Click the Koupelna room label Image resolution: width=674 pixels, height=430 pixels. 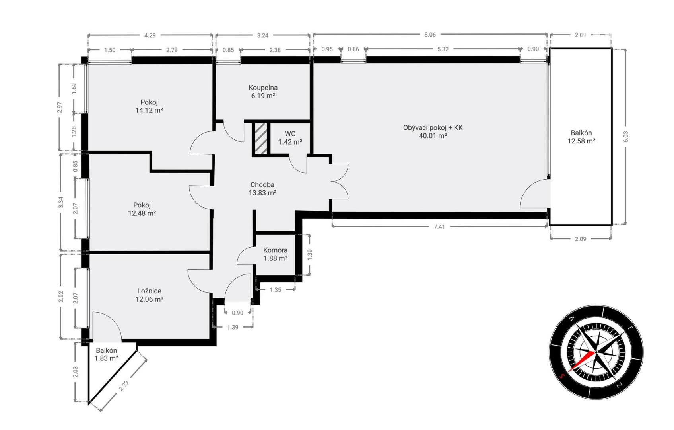pos(263,88)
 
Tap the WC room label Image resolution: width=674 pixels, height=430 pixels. pos(290,134)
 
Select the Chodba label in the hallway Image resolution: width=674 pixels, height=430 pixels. pos(262,185)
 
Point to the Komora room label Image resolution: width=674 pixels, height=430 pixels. pos(275,250)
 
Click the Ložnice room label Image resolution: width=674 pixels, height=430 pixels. pos(149,291)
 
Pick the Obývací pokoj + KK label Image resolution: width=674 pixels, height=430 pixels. pos(433,128)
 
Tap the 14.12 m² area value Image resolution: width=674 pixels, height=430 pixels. pos(149,110)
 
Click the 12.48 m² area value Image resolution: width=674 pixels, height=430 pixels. pos(142,213)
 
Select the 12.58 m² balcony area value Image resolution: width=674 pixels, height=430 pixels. pos(581,141)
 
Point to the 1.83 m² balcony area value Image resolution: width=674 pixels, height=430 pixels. pos(106,358)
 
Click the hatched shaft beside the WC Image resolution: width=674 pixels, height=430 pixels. pos(261,138)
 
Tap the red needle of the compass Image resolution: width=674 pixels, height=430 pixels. pos(582,362)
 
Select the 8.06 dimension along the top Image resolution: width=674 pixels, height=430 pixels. pos(430,35)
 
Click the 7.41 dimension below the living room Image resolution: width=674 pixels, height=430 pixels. pos(439,227)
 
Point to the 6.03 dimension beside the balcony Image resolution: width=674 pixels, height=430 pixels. pos(626,137)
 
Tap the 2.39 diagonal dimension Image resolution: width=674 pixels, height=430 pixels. pos(124,386)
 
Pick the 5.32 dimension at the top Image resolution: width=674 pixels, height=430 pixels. pos(443,49)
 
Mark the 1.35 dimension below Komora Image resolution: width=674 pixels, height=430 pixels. pos(275,290)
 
